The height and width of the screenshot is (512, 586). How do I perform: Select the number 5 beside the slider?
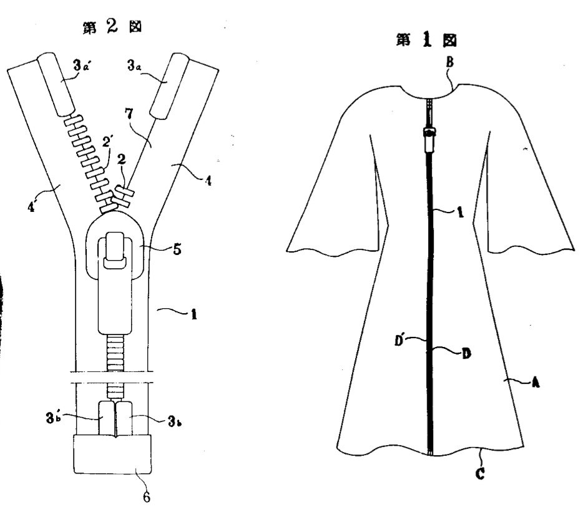pos(177,249)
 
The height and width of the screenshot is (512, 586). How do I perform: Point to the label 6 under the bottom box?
pos(147,497)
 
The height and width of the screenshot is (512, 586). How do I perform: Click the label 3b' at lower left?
pos(53,418)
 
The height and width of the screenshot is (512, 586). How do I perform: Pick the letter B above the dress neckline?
pos(449,61)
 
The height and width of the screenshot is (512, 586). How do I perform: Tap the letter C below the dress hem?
pos(481,474)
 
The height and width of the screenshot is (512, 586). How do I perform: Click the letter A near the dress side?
pos(536,383)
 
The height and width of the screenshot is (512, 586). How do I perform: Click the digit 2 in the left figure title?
pos(112,26)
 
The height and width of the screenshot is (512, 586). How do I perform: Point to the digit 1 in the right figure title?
pos(426,41)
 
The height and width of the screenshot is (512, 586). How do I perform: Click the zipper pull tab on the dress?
pos(430,140)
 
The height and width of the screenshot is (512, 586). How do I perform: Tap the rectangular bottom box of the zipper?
pos(112,454)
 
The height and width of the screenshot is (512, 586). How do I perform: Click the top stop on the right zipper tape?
pos(170,86)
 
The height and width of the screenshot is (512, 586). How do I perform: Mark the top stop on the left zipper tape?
pos(56,84)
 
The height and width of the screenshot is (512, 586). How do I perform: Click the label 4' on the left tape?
pos(32,207)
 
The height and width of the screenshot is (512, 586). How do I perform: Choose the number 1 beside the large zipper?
pos(193,314)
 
